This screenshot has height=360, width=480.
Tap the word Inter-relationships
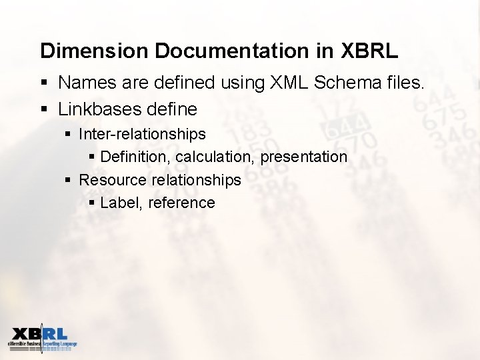142,134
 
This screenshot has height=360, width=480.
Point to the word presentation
304,157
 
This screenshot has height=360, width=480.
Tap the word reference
181,203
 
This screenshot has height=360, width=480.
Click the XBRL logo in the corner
42,338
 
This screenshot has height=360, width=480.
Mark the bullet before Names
44,83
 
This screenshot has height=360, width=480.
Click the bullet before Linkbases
44,109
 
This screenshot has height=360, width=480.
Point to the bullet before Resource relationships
68,181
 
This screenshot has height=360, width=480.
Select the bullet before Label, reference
91,203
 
